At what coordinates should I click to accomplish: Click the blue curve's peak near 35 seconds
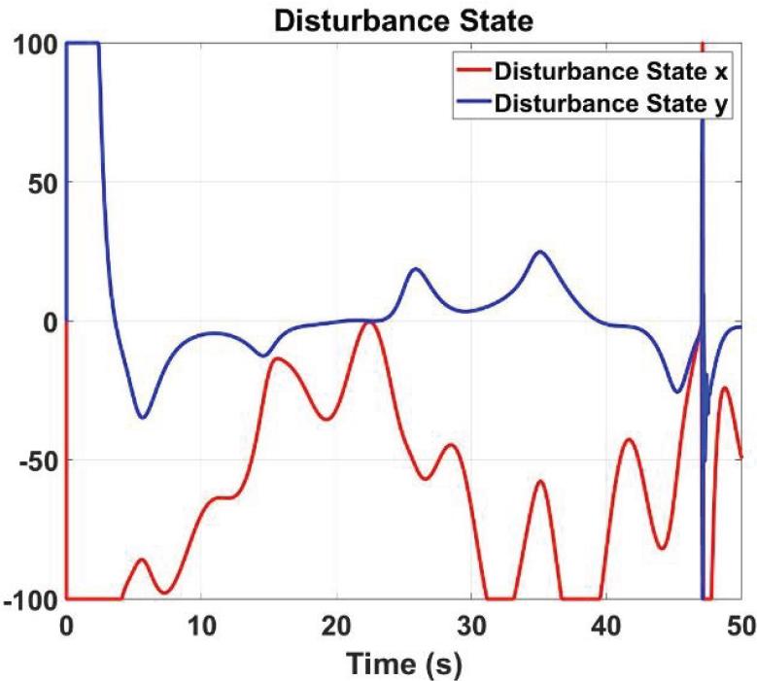pyautogui.click(x=540, y=252)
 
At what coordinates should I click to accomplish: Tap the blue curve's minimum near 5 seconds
pyautogui.click(x=143, y=418)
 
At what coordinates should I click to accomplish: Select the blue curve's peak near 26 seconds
pyautogui.click(x=416, y=268)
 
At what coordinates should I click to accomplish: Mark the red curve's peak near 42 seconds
pyautogui.click(x=630, y=440)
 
